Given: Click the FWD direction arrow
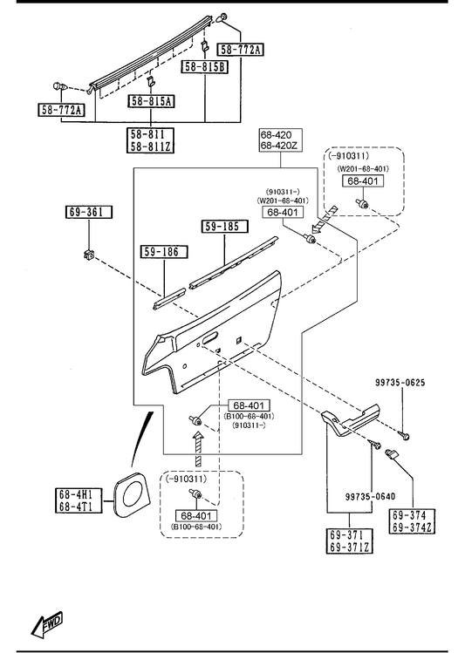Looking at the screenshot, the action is coord(46,624).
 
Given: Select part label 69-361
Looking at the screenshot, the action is coord(89,212).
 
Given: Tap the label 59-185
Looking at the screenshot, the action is coord(224,226).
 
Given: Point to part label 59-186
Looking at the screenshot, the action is coord(164,252).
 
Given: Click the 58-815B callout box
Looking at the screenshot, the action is coord(205,66).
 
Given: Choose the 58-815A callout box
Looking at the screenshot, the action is coord(151,101).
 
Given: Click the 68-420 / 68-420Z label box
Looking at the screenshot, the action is coord(280,140).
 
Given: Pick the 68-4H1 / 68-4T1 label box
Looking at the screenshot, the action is coord(79,500).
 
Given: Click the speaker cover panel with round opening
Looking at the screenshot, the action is coord(129,495).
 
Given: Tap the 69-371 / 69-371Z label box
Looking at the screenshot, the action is coord(349,541).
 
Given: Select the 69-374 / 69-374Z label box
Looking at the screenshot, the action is coord(412,521).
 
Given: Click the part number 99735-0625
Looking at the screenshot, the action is coord(400,383).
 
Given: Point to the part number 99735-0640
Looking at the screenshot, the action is coord(371,496).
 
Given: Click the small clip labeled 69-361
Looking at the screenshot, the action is coord(88,254).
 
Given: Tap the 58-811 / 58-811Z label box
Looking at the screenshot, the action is coord(150,140).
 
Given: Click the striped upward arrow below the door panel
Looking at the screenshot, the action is coord(198,449).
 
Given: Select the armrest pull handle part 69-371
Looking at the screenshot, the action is coord(350,419).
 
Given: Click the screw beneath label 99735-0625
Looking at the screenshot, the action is coord(405,436).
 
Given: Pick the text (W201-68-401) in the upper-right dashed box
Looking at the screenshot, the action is coord(363,168).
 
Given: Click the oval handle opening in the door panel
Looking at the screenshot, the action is coord(210,337).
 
